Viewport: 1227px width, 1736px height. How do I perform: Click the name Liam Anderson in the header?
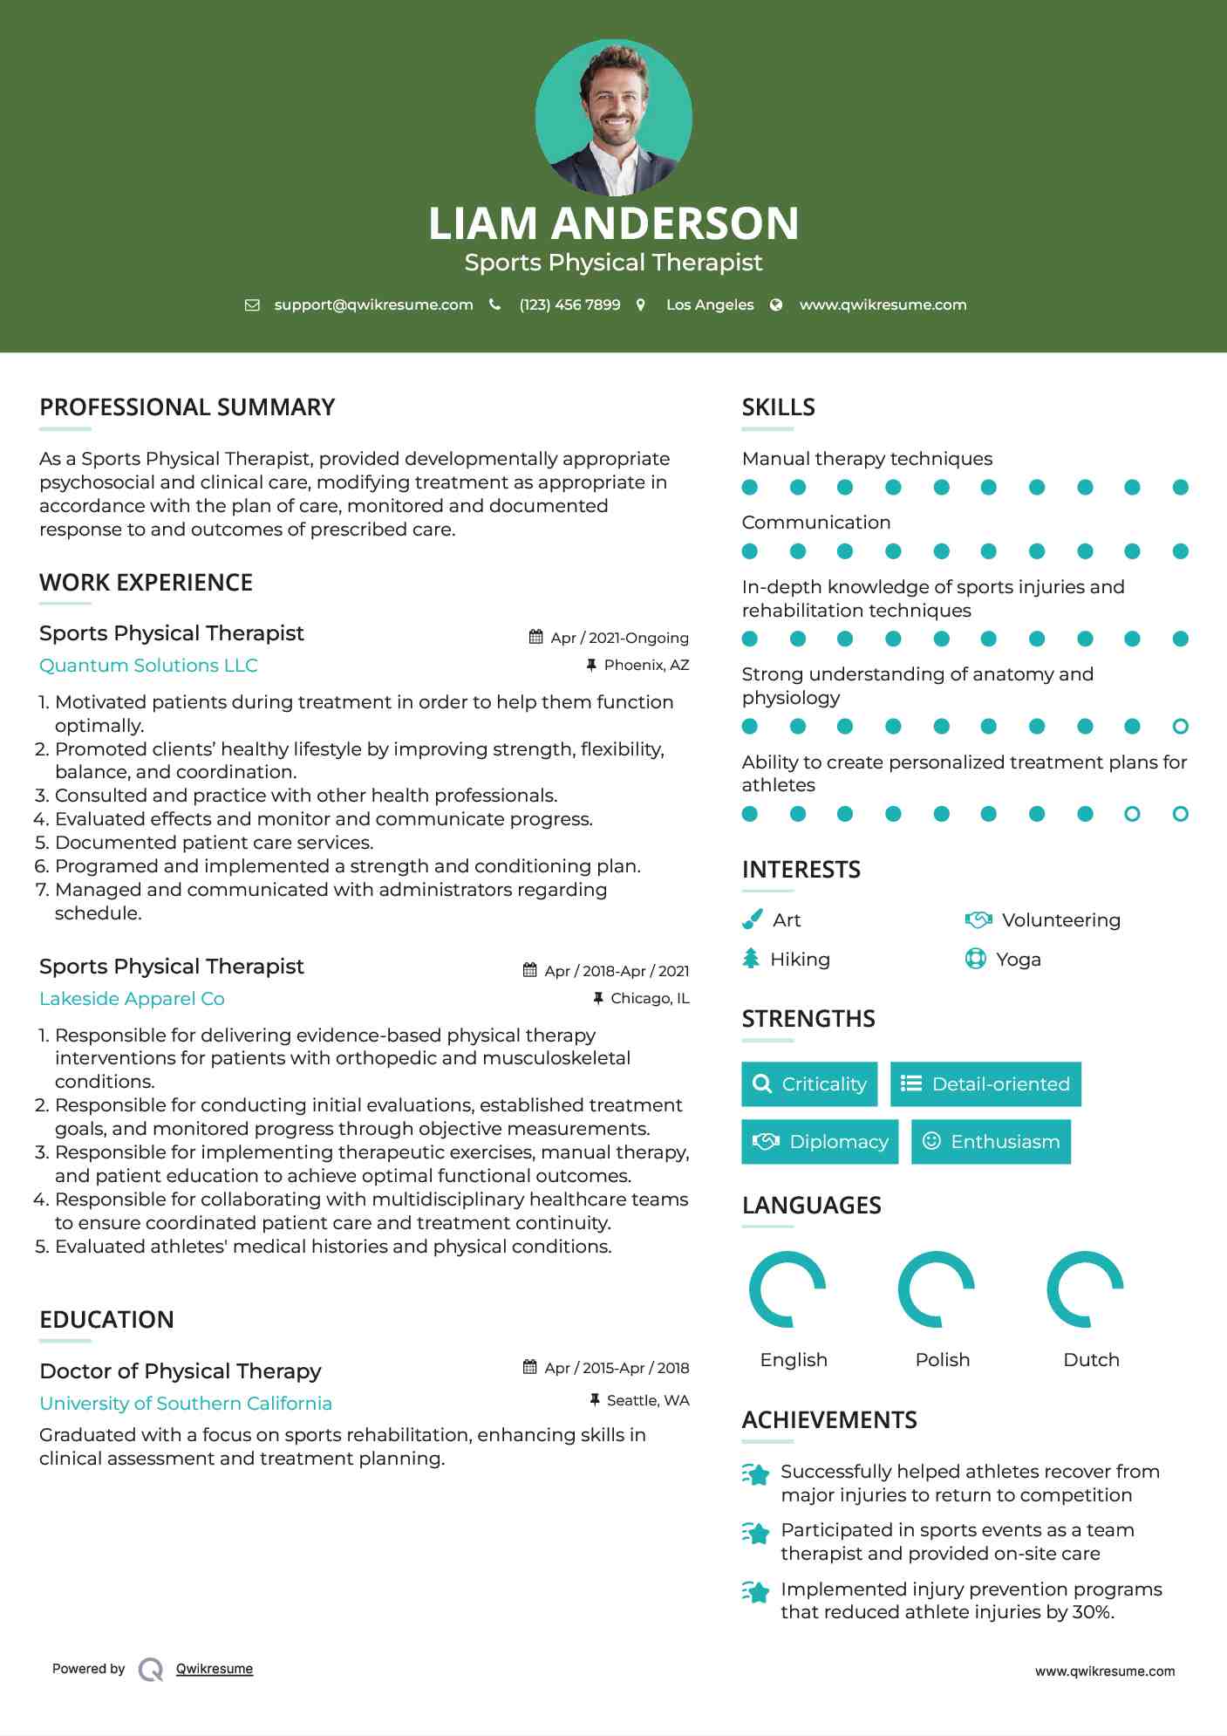click(613, 223)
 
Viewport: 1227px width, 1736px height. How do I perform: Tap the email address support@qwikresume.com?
click(373, 304)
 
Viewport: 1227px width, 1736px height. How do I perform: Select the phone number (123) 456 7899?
click(569, 304)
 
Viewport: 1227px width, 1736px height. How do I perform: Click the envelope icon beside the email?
click(252, 304)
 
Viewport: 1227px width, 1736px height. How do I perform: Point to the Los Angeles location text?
click(710, 304)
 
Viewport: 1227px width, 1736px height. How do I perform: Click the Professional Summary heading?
click(187, 407)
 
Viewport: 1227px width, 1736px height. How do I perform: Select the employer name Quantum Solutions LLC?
click(148, 666)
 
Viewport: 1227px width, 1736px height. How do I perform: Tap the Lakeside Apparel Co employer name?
click(132, 999)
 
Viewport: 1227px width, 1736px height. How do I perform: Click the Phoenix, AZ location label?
click(646, 665)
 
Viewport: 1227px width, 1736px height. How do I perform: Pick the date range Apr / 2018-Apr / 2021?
click(616, 971)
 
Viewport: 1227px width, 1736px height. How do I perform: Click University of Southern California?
click(186, 1403)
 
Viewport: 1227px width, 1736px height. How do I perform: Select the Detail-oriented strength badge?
click(985, 1084)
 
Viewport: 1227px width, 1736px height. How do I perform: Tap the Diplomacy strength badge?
click(820, 1142)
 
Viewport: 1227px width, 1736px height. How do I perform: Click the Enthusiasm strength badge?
click(991, 1142)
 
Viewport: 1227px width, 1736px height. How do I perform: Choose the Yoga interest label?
click(1019, 960)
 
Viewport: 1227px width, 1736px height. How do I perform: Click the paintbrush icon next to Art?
click(752, 919)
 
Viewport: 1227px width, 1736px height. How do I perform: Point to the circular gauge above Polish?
click(937, 1288)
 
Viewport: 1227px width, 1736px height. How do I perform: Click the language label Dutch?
click(1091, 1360)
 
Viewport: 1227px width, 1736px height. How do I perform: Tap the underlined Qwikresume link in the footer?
click(215, 1669)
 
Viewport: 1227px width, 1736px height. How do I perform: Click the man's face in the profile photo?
click(615, 100)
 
